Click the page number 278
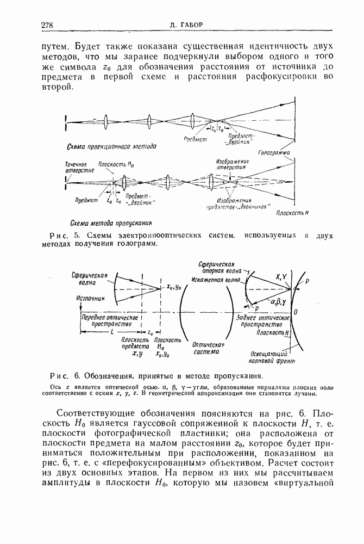point(47,25)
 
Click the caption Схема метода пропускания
point(111,222)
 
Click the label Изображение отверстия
point(233,164)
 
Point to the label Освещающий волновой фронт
point(277,357)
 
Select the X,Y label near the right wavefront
point(282,277)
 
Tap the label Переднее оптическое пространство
point(106,319)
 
